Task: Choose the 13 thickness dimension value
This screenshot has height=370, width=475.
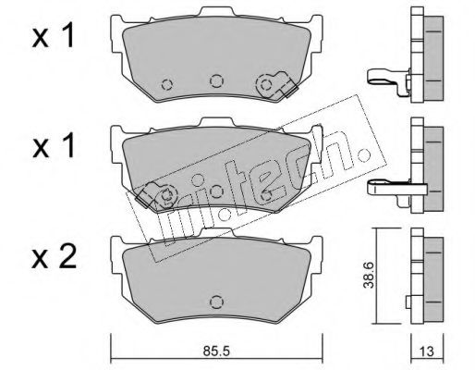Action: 426,351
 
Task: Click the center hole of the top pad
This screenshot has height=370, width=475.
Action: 217,80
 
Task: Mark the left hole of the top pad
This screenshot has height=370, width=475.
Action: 167,86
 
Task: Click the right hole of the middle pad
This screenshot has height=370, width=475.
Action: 267,195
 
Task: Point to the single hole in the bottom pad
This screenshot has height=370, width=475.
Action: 217,301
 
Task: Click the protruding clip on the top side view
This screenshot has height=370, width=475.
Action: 385,78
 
